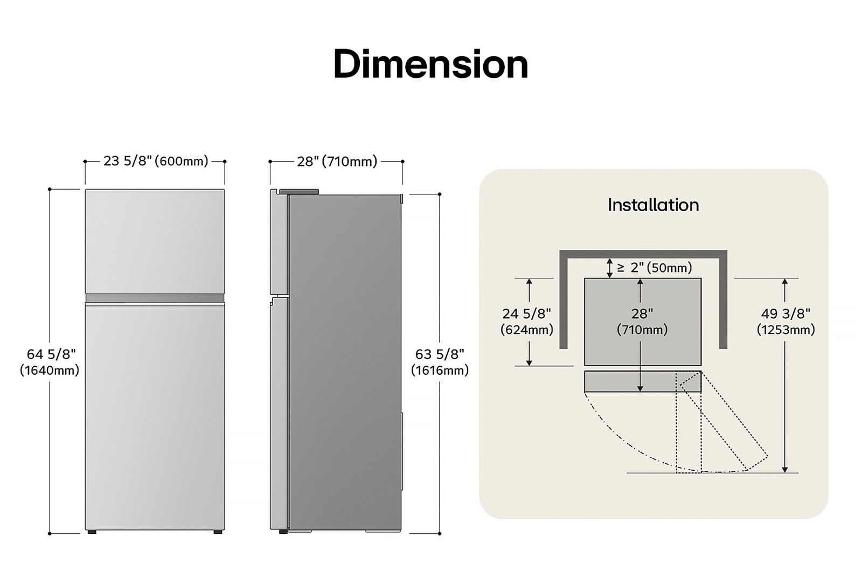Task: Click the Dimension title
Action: (430, 64)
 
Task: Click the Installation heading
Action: (653, 205)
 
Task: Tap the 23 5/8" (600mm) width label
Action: (155, 161)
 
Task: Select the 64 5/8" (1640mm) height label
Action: (50, 361)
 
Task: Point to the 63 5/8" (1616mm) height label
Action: (440, 361)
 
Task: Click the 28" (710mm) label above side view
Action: (337, 161)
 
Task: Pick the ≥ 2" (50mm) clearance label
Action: (654, 268)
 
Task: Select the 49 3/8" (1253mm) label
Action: (785, 322)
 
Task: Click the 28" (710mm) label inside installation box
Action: (642, 322)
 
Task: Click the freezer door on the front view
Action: (155, 241)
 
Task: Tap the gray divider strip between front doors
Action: (155, 298)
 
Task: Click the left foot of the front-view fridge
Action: (92, 532)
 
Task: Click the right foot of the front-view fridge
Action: (217, 532)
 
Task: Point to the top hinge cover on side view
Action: (298, 191)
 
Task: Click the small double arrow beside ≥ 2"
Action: (609, 268)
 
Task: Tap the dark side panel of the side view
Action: (345, 361)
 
